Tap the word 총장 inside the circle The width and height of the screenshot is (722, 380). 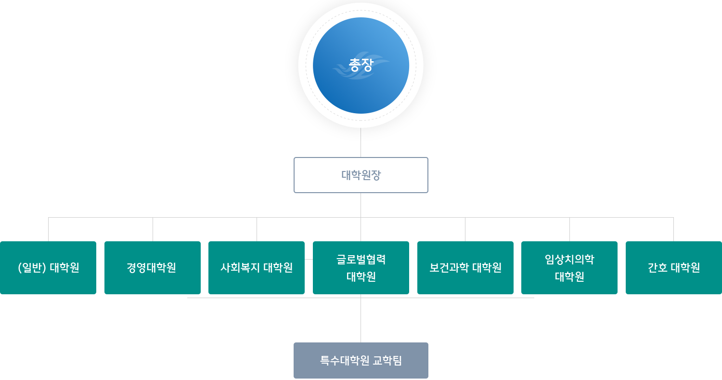coord(361,66)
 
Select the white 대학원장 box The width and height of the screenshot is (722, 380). coord(361,175)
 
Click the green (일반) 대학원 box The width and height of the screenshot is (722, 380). coord(48,268)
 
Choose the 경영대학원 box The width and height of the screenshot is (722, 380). coord(152,268)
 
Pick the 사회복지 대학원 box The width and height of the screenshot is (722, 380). coord(257,268)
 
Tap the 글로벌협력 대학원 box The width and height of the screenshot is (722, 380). coord(361,268)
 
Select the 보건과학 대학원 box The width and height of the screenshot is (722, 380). coord(465,268)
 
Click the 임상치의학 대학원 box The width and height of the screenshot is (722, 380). coord(569,268)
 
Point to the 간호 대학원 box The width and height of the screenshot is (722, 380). coord(673,268)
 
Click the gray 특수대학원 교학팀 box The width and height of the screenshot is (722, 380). coord(361,360)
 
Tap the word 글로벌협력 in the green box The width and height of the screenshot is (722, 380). coord(361,260)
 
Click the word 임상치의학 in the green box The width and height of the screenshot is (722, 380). coord(569,260)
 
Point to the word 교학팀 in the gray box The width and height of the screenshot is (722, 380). coord(387,360)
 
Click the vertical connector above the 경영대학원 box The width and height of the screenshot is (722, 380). coord(153,229)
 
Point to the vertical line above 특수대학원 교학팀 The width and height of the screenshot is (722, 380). coord(361,320)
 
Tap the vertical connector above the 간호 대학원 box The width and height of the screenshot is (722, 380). coord(673,229)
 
